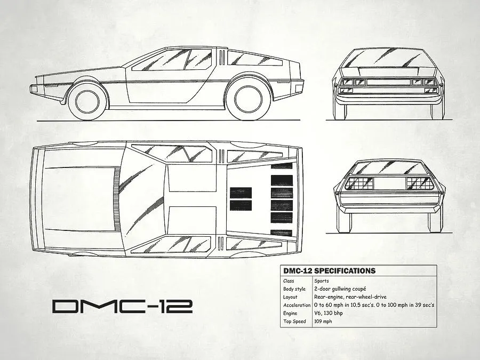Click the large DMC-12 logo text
pyautogui.click(x=122, y=306)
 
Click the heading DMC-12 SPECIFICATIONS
pyautogui.click(x=329, y=271)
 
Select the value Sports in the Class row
pyautogui.click(x=322, y=281)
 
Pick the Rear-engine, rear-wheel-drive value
pyautogui.click(x=350, y=297)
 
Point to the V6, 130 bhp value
pyautogui.click(x=329, y=313)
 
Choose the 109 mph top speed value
pyautogui.click(x=323, y=322)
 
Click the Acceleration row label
pyautogui.click(x=297, y=305)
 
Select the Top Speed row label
pyautogui.click(x=295, y=322)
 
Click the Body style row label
pyautogui.click(x=295, y=289)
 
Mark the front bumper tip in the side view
pyautogui.click(x=34, y=89)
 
